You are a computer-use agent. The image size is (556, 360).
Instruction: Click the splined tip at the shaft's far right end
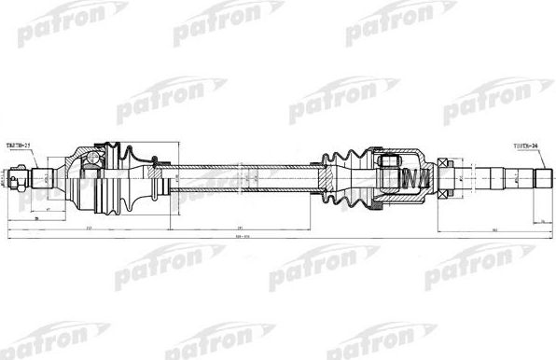click(540, 174)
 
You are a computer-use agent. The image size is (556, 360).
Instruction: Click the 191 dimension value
click(240, 226)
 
